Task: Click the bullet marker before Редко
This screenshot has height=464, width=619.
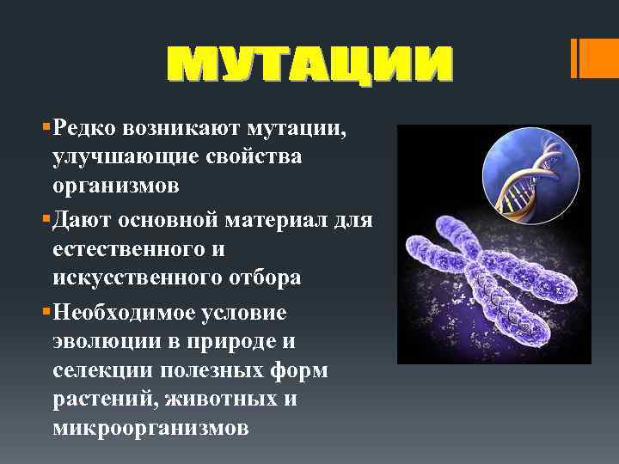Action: click(x=45, y=129)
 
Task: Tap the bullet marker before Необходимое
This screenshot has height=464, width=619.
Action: click(x=45, y=311)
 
